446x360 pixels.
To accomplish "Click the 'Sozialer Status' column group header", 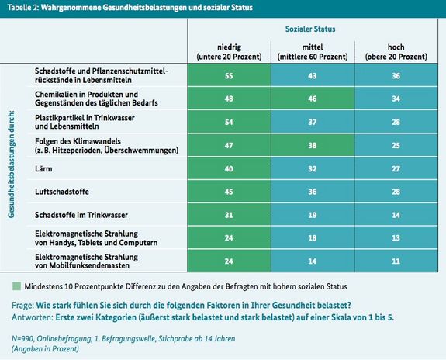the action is [x=310, y=29].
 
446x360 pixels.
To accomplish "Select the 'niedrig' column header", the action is [x=229, y=51].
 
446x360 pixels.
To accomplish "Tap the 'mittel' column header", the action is [x=313, y=51].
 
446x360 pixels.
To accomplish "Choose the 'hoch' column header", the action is [x=396, y=51].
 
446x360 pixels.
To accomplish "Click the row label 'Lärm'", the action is [x=43, y=169].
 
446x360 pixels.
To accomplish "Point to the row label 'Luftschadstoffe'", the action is [x=62, y=192].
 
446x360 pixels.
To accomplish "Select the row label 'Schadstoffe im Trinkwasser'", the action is [x=81, y=215].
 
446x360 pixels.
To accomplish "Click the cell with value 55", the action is [x=229, y=76].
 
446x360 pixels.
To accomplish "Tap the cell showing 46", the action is [x=313, y=99].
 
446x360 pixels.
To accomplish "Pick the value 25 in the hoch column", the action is [x=396, y=145].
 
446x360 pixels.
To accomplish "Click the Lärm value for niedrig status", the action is [x=229, y=169].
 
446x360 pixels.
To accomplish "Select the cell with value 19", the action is [x=313, y=215].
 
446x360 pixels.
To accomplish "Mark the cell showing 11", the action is [x=396, y=261].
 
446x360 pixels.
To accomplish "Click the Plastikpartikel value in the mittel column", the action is [x=313, y=122].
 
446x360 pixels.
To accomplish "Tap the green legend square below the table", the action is [x=17, y=286].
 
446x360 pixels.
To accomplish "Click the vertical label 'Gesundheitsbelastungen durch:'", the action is [x=11, y=164].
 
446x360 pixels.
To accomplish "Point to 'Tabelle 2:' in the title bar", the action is [x=23, y=8].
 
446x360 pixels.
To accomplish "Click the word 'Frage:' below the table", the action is [x=22, y=306].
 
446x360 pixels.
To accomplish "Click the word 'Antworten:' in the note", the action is [x=33, y=317].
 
